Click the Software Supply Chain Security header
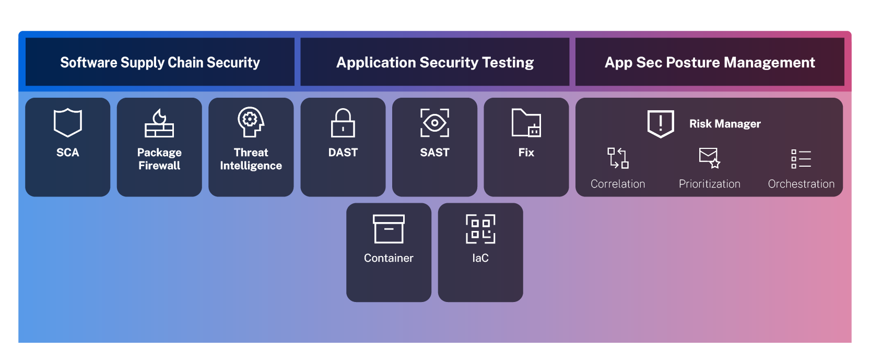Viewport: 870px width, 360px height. pyautogui.click(x=160, y=62)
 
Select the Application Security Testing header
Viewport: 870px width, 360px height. pyautogui.click(x=434, y=62)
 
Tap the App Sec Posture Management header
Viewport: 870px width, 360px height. pyautogui.click(x=710, y=62)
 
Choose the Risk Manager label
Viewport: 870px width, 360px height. pyautogui.click(x=725, y=124)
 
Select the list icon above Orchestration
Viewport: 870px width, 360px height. pyautogui.click(x=801, y=159)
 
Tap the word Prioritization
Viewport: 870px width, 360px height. pyautogui.click(x=710, y=184)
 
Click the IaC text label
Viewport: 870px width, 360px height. pyautogui.click(x=480, y=258)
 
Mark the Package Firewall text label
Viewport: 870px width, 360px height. pyautogui.click(x=159, y=159)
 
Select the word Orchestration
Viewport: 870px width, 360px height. pyautogui.click(x=801, y=184)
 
